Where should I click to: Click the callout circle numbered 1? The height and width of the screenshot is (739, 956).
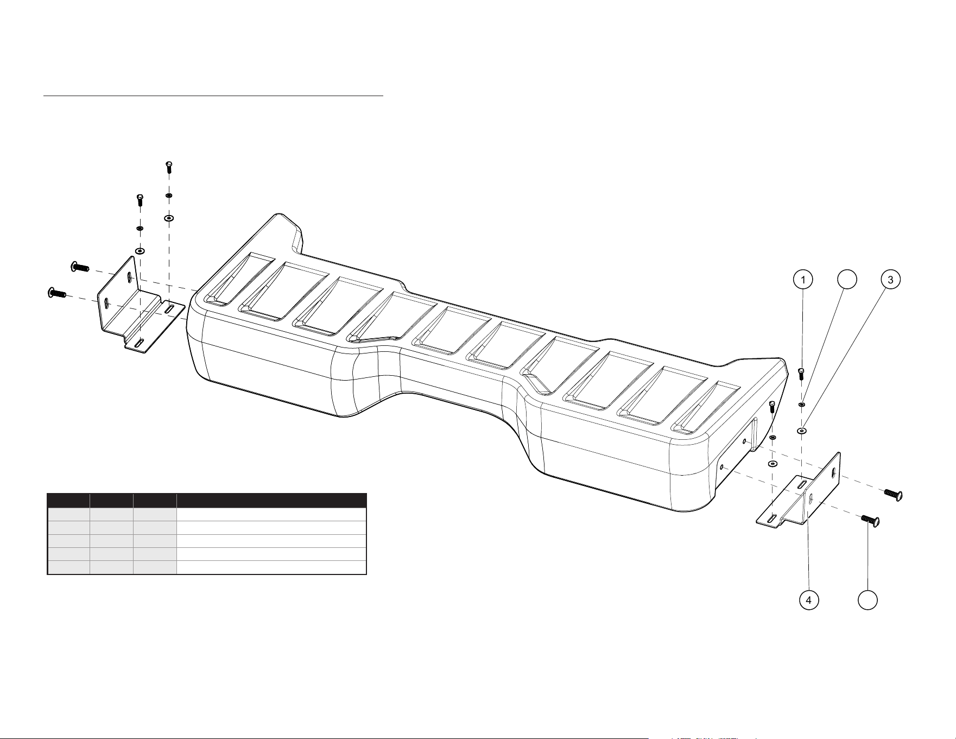tap(803, 280)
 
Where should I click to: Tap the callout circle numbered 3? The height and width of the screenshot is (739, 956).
tap(890, 280)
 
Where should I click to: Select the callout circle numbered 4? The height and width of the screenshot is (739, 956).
tap(809, 600)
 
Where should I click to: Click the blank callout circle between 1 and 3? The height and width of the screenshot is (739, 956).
tap(847, 280)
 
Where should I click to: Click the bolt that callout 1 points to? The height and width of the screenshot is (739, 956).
tap(801, 374)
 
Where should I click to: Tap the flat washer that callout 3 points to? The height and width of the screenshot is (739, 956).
tap(802, 431)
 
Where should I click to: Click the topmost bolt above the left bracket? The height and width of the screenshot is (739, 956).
tap(169, 167)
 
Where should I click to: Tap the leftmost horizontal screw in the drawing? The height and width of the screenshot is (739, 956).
tap(56, 293)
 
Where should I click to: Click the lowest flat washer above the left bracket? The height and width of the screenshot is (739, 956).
tap(140, 251)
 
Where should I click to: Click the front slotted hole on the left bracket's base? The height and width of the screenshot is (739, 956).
tap(139, 342)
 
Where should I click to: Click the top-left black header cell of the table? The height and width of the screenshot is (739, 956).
tap(68, 501)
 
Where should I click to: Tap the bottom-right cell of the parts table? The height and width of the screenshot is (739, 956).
tap(271, 567)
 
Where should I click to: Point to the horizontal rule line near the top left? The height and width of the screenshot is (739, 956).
tap(213, 96)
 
